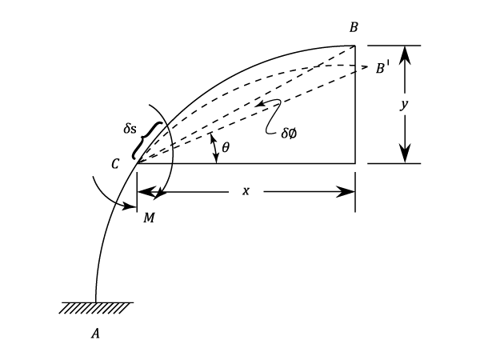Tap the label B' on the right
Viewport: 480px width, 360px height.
[383, 70]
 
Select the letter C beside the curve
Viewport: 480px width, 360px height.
[116, 165]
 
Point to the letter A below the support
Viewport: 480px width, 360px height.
[96, 335]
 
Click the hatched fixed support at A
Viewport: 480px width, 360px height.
[96, 307]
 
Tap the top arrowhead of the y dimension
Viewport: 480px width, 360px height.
[406, 53]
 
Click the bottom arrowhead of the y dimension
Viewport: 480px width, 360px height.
[406, 155]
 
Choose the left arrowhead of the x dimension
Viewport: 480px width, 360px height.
[146, 192]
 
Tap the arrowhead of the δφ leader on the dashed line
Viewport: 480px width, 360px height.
[257, 105]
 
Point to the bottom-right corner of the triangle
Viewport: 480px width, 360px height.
[354, 163]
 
